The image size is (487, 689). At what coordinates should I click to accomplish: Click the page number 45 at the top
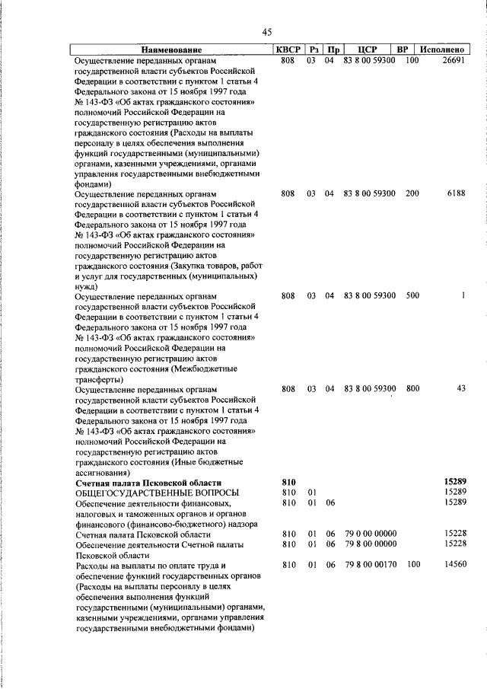pos(266,31)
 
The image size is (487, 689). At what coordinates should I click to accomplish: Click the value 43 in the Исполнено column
pos(460,389)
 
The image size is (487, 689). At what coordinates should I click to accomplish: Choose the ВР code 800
pos(412,389)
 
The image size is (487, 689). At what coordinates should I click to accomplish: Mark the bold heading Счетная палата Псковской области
pos(148,483)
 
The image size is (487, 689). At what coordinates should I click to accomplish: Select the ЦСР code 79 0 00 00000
pos(370,535)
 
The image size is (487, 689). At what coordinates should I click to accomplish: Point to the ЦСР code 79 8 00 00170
pos(370,566)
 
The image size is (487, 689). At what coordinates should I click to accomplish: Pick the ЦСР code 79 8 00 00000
pos(370,545)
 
